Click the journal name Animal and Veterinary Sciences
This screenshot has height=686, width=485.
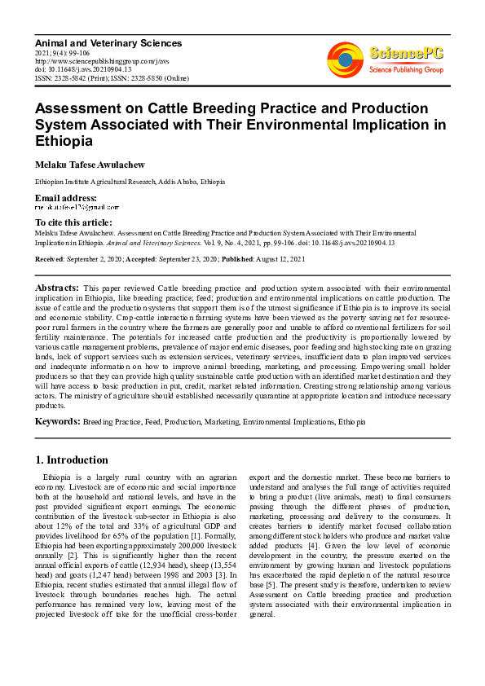108,42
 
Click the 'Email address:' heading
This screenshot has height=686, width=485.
65,199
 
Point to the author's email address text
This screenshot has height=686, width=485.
77,208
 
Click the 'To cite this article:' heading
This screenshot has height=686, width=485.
73,222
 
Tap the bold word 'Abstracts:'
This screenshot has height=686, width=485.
57,288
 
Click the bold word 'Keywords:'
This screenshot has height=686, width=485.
57,422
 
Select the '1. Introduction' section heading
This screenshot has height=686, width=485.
73,460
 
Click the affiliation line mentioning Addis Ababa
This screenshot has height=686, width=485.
130,182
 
